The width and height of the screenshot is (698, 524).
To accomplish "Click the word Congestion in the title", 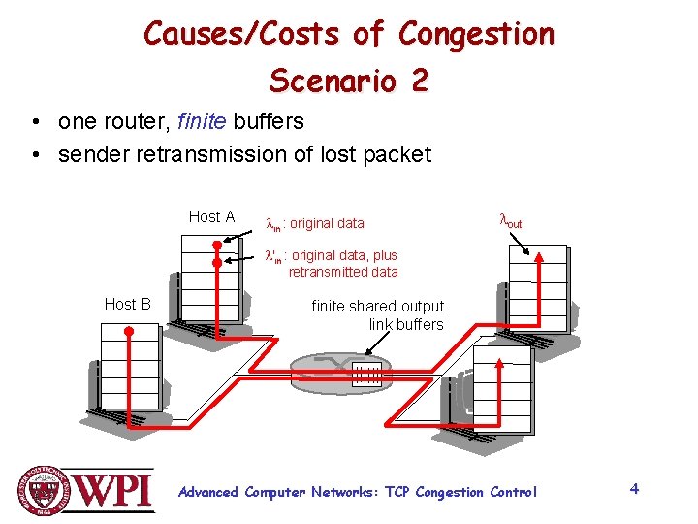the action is click(x=476, y=35).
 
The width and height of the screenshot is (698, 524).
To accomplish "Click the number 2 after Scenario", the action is click(x=418, y=81).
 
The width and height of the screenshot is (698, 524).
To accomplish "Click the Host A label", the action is click(x=211, y=217).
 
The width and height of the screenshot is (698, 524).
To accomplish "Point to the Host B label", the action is click(x=127, y=305).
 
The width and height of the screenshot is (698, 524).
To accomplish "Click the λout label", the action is click(x=510, y=221).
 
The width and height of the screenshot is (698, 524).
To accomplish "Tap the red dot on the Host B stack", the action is click(x=128, y=331).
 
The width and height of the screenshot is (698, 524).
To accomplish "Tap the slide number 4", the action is click(x=634, y=488).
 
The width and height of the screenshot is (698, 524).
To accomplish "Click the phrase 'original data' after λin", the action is click(x=327, y=224).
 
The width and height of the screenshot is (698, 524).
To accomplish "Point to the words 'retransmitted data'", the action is click(x=343, y=273).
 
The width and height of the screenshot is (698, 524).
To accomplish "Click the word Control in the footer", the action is click(x=513, y=492).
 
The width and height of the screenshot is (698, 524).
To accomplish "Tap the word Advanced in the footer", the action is click(x=208, y=492).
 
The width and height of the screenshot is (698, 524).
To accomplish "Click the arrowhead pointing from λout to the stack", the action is click(x=534, y=255).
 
